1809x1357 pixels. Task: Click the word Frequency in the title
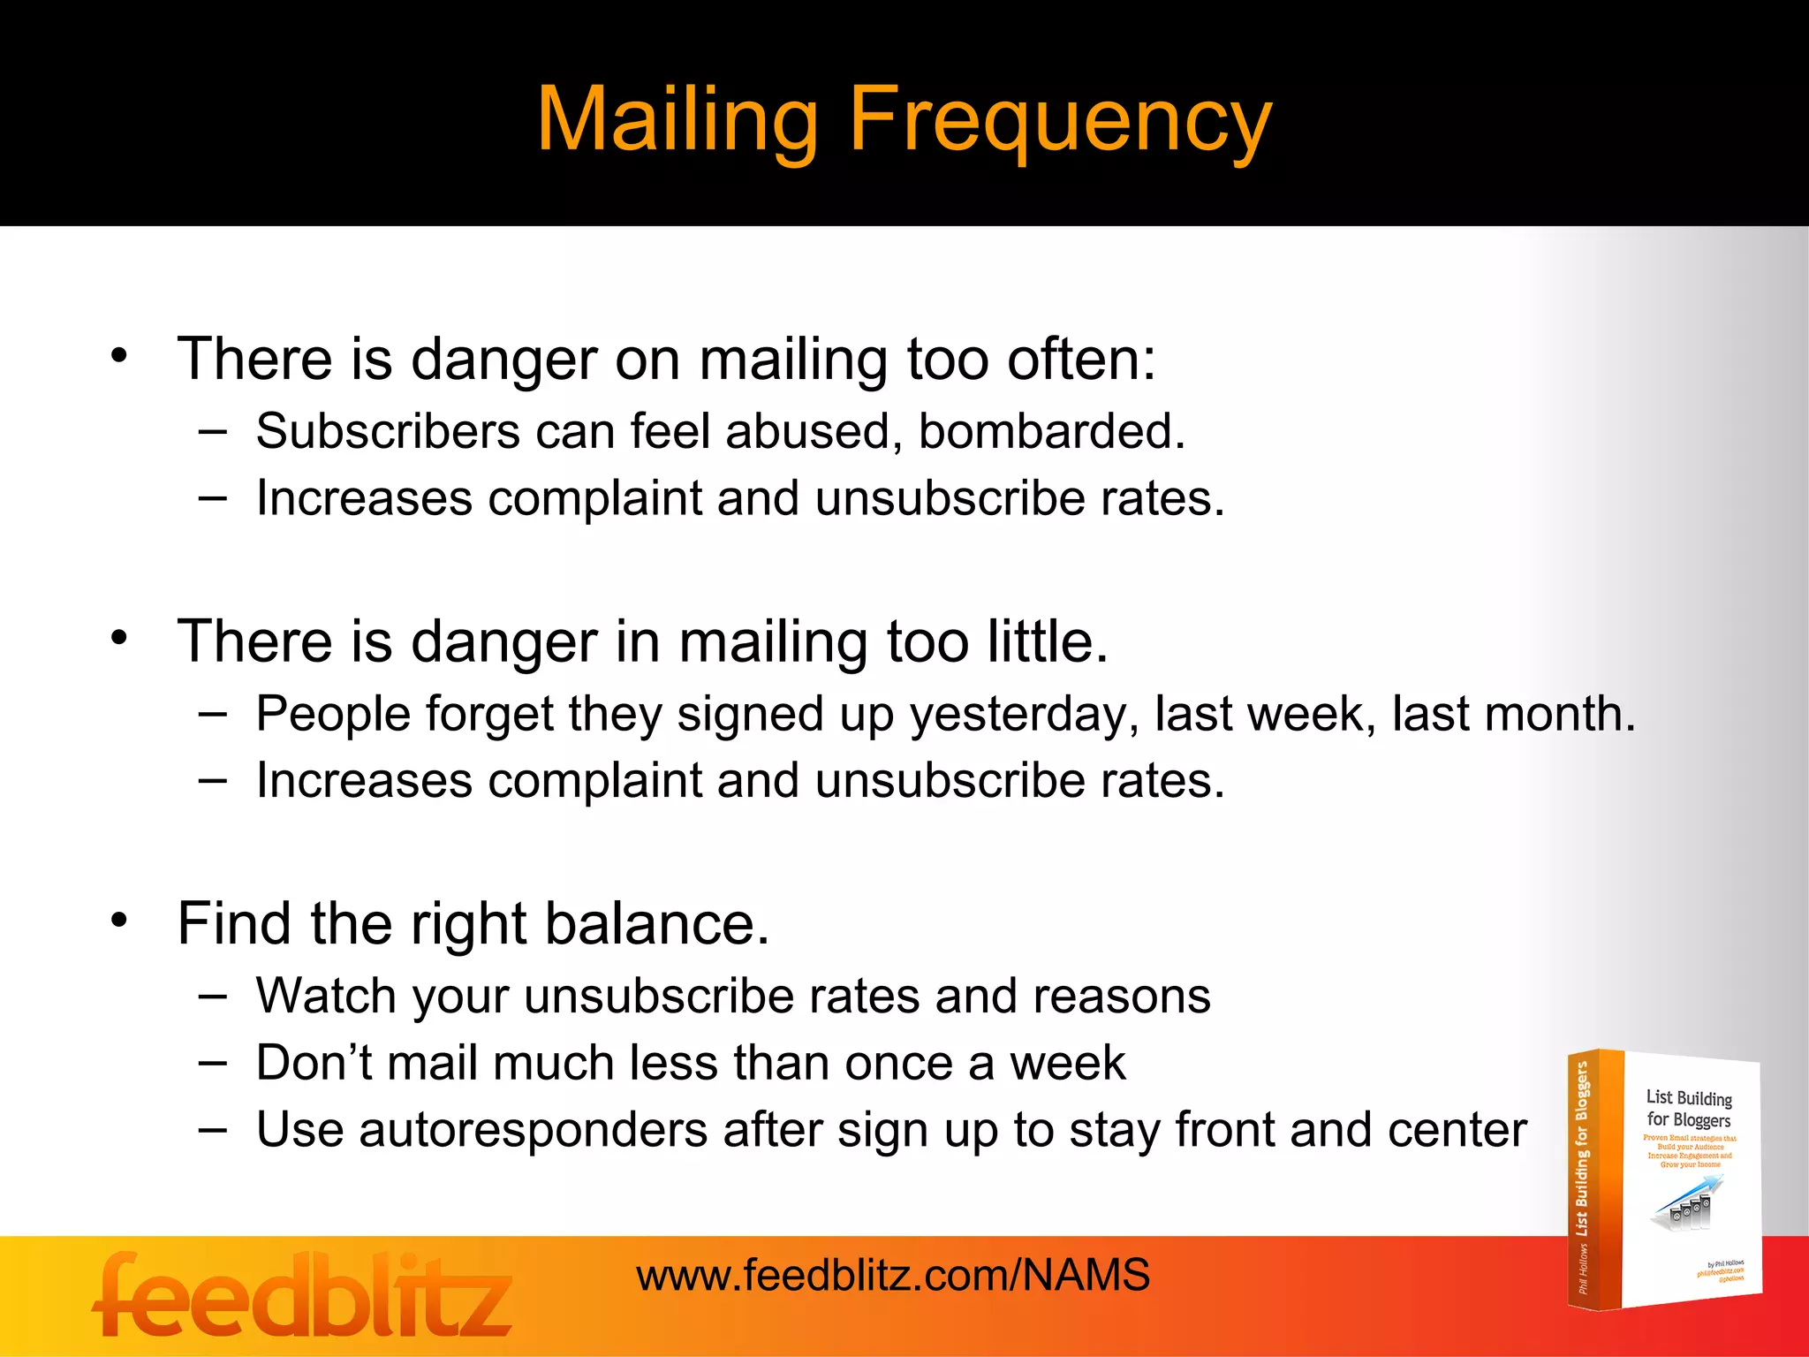pyautogui.click(x=1060, y=121)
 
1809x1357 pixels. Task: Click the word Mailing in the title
pyautogui.click(x=677, y=121)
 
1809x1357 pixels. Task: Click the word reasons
pyautogui.click(x=1122, y=997)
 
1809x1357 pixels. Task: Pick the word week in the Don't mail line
pyautogui.click(x=1067, y=1063)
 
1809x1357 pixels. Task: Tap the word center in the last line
pyautogui.click(x=1457, y=1130)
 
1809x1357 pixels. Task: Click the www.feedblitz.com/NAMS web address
pyautogui.click(x=893, y=1275)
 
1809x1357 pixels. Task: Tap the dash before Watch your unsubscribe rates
pyautogui.click(x=212, y=996)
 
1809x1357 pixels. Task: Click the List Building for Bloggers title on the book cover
pyautogui.click(x=1689, y=1109)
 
